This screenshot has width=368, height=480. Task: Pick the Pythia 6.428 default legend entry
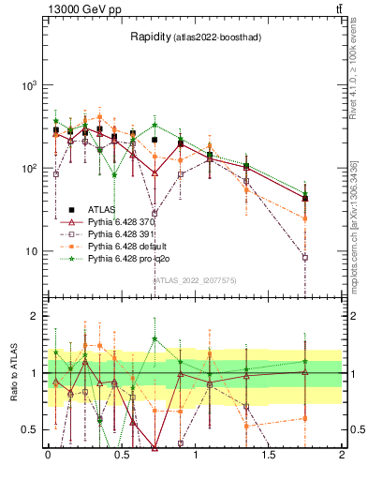127,246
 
